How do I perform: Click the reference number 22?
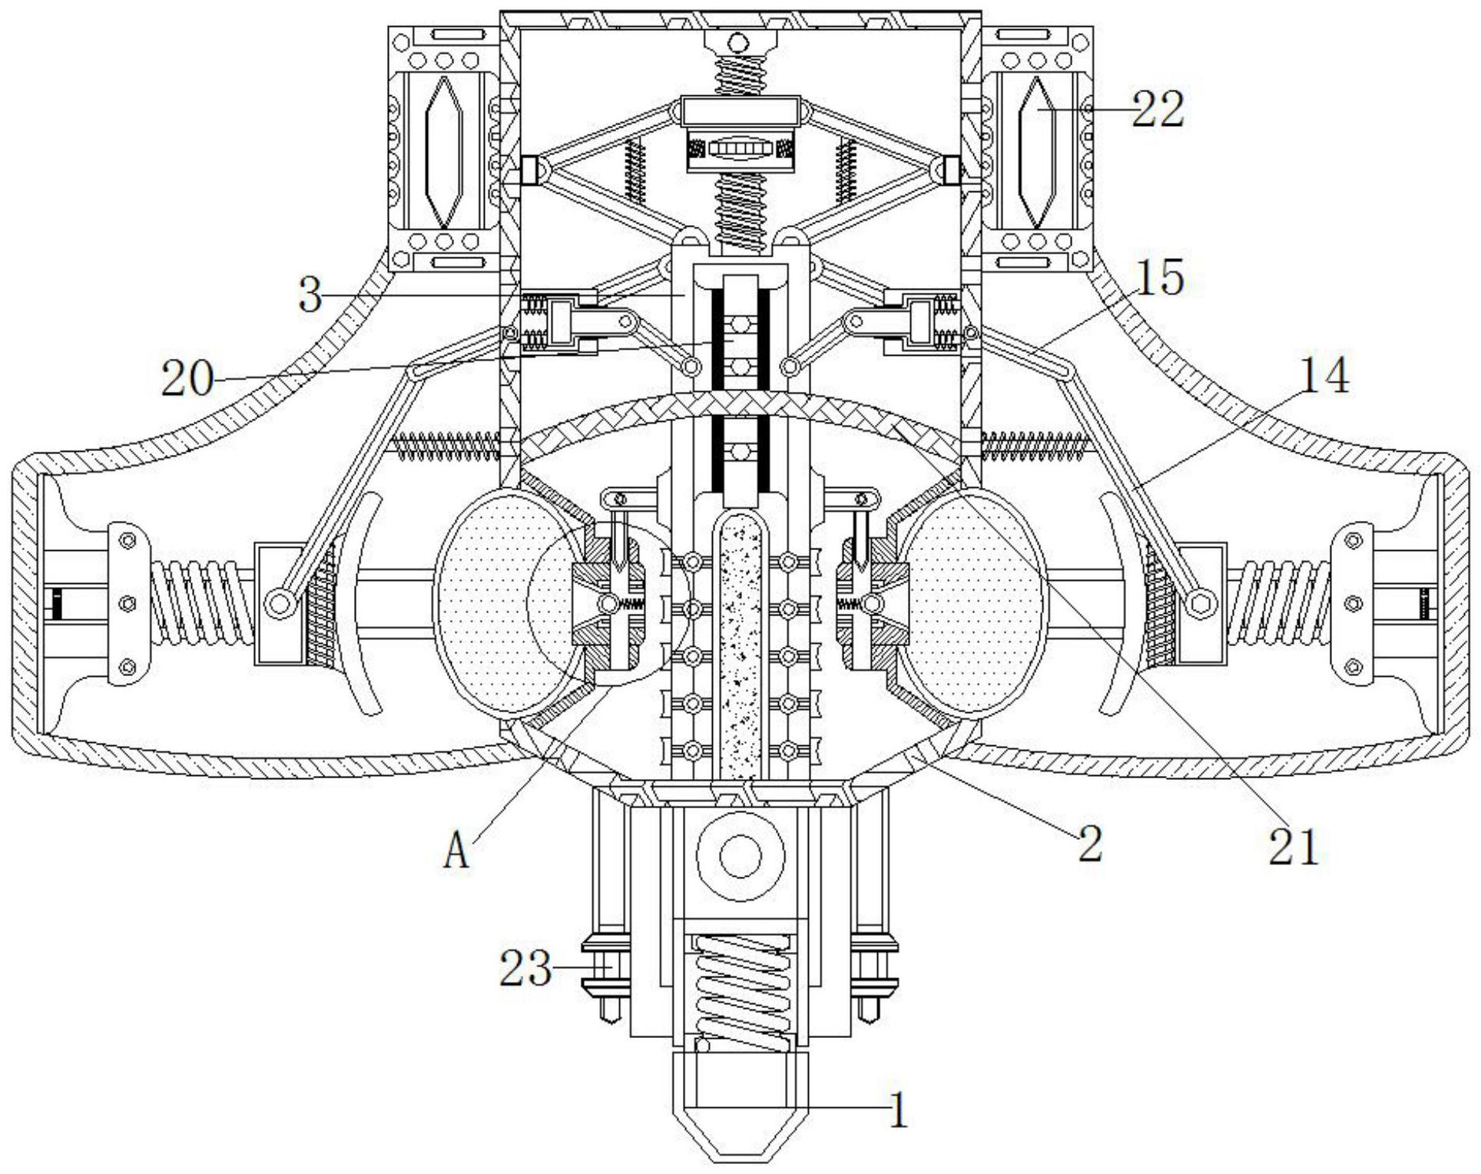point(1158,109)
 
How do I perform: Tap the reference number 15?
point(1160,278)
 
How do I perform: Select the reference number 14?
point(1323,376)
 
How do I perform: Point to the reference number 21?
point(1293,847)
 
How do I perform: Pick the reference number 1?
point(898,1111)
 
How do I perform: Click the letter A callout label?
point(456,852)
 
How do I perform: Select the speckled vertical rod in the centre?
point(740,645)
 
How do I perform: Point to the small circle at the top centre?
point(738,40)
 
